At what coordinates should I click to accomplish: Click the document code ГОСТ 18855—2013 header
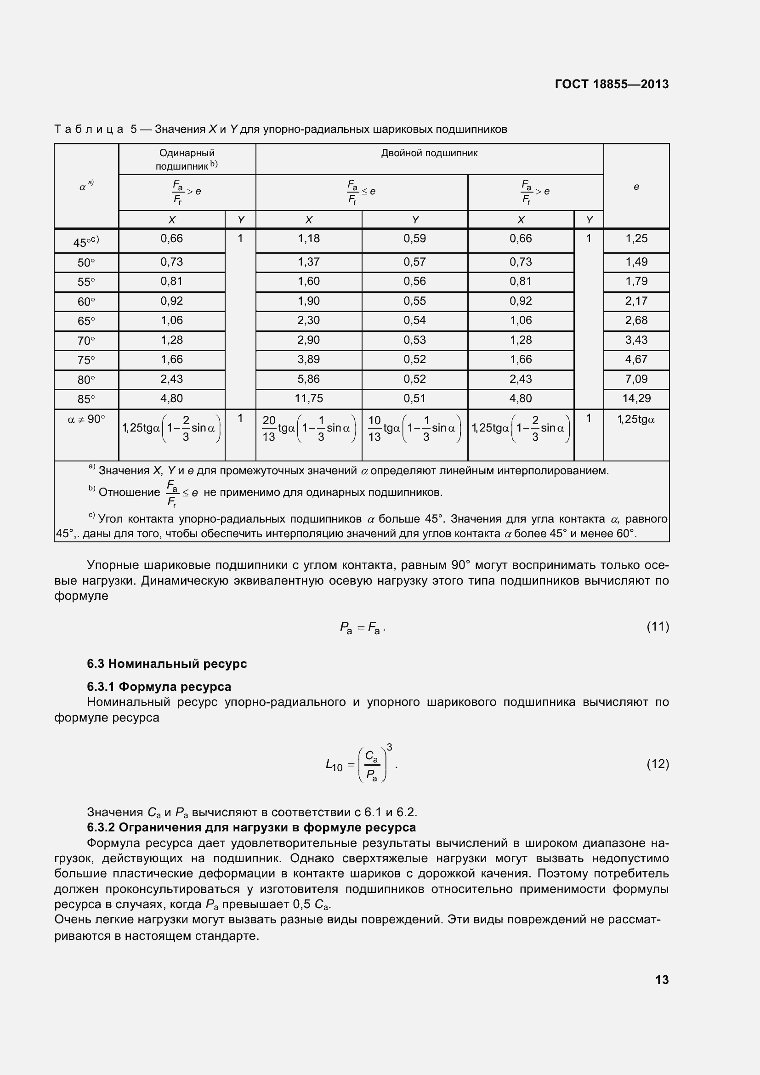pos(611,84)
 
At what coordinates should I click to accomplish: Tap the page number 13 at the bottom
pos(662,979)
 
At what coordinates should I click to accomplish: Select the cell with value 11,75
pos(308,398)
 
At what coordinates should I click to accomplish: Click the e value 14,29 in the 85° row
pos(636,398)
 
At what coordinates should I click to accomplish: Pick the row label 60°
pos(86,301)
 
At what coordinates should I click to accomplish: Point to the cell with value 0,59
pos(414,239)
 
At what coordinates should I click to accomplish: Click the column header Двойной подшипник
pos(429,153)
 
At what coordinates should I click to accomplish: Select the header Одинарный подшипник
pos(187,159)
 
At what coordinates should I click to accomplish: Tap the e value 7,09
pos(636,379)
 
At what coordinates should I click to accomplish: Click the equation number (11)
pos(658,626)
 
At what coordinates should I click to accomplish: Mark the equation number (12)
pos(658,764)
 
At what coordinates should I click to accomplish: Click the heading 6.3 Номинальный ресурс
pos(167,664)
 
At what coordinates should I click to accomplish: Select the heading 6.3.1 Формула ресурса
pos(159,686)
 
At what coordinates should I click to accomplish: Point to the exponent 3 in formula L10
pos(389,747)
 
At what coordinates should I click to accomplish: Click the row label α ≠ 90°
pos(86,419)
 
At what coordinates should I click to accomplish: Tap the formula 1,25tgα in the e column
pos(636,420)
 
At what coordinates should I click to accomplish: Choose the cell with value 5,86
pos(308,379)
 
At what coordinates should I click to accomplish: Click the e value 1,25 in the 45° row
pos(636,239)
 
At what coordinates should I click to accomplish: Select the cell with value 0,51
pos(414,398)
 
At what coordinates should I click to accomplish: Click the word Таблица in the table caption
pos(89,129)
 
